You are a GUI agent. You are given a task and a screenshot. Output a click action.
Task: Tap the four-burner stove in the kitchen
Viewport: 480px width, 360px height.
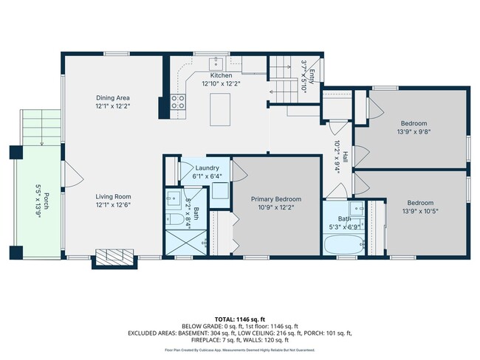(179, 103)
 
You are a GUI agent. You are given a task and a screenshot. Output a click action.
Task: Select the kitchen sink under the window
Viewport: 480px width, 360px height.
(217, 62)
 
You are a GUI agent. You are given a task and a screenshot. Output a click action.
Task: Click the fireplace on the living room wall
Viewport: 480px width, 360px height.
(112, 256)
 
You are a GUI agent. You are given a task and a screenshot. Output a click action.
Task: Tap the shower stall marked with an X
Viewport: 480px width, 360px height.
(178, 243)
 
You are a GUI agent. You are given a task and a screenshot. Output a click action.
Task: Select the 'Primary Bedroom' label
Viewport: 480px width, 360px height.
(276, 199)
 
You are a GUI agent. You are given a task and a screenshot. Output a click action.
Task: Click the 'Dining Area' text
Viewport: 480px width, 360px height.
(114, 97)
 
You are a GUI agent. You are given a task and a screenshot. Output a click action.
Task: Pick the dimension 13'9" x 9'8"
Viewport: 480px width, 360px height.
(416, 132)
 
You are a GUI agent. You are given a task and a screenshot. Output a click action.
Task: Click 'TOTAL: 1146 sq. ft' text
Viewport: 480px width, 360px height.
(240, 318)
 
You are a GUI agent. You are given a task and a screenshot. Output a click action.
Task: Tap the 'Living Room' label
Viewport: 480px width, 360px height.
(113, 196)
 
